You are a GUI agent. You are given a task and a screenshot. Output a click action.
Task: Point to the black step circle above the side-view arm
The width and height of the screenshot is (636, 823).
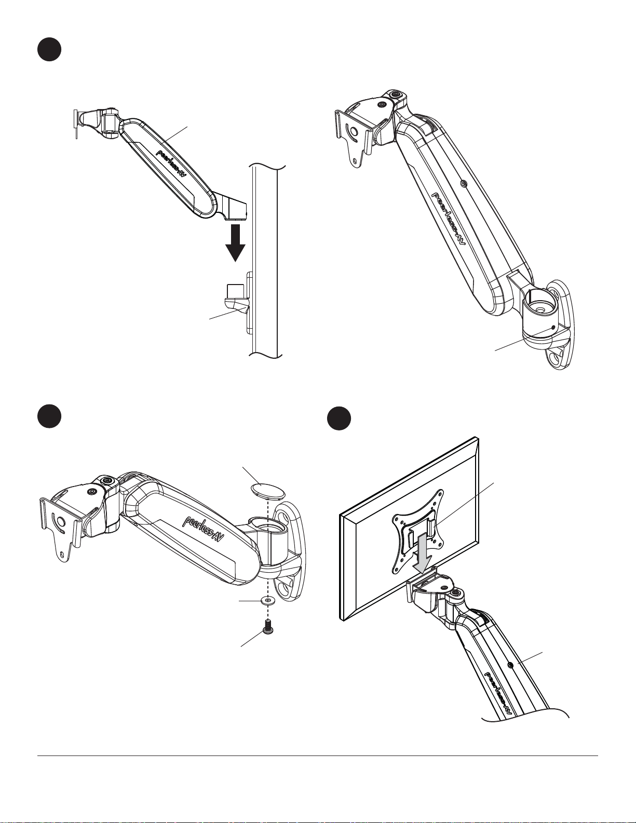tap(49, 50)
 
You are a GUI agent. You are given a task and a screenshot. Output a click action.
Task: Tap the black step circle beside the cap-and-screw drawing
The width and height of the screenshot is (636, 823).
tap(49, 417)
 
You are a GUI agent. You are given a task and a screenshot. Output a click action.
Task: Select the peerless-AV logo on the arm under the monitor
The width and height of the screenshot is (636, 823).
tap(499, 694)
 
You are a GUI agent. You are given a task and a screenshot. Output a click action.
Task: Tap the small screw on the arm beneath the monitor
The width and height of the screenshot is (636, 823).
tap(511, 665)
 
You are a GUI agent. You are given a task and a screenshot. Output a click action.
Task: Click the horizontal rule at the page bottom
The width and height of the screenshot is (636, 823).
tap(317, 755)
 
